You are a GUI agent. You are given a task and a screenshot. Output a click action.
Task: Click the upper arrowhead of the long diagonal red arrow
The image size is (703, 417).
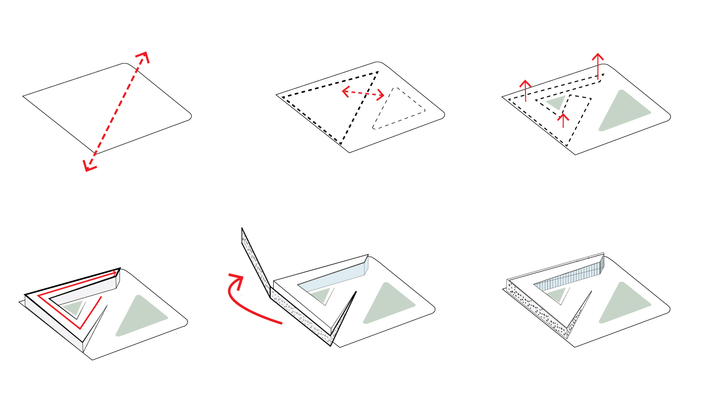click(144, 55)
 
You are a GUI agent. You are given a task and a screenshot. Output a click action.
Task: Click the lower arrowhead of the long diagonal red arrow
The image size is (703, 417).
click(88, 167)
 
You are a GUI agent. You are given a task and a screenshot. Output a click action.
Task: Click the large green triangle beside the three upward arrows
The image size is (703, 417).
click(622, 111)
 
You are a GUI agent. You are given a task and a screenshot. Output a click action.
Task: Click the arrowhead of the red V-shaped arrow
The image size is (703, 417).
click(116, 272)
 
